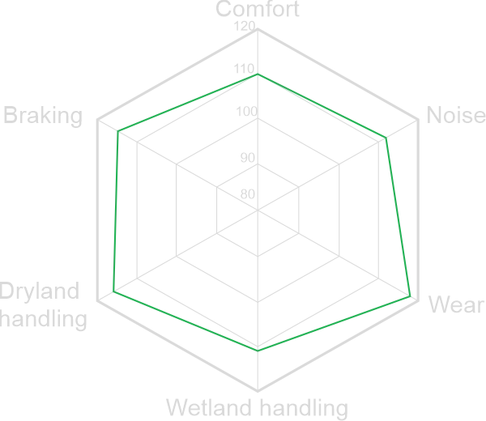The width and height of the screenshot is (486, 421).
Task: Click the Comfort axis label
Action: point(258,10)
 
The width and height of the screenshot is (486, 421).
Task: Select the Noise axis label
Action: point(455,116)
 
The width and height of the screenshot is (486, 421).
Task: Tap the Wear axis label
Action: point(456,305)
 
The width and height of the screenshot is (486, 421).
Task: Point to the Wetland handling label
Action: point(257,407)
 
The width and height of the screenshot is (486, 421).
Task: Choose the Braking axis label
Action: point(43,116)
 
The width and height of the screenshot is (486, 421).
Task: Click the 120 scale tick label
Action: point(244,27)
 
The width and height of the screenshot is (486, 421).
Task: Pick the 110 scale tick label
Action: point(244,70)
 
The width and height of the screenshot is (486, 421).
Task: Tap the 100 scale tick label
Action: point(246,113)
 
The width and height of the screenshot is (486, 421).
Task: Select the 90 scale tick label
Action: point(247,157)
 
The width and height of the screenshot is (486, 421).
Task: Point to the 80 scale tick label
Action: point(247,194)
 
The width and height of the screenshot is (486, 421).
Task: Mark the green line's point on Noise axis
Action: point(386,137)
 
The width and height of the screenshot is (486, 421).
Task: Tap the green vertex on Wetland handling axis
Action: point(258,351)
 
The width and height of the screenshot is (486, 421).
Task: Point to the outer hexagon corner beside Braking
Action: point(99,119)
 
